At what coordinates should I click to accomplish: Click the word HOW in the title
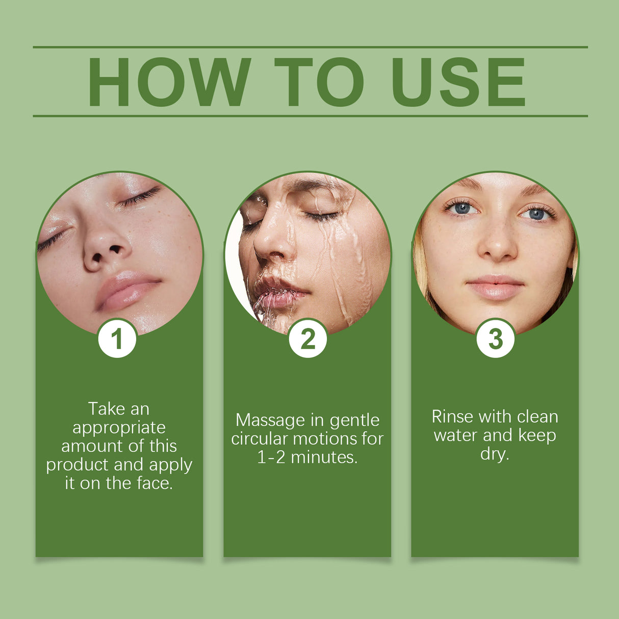(x=169, y=83)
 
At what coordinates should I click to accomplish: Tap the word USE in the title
(x=458, y=83)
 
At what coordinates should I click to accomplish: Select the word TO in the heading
(x=319, y=83)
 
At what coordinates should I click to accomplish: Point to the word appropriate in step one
(x=119, y=428)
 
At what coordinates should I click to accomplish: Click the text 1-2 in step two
(x=271, y=457)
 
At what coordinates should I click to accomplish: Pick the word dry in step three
(x=494, y=454)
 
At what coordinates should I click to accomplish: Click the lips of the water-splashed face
(x=278, y=295)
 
